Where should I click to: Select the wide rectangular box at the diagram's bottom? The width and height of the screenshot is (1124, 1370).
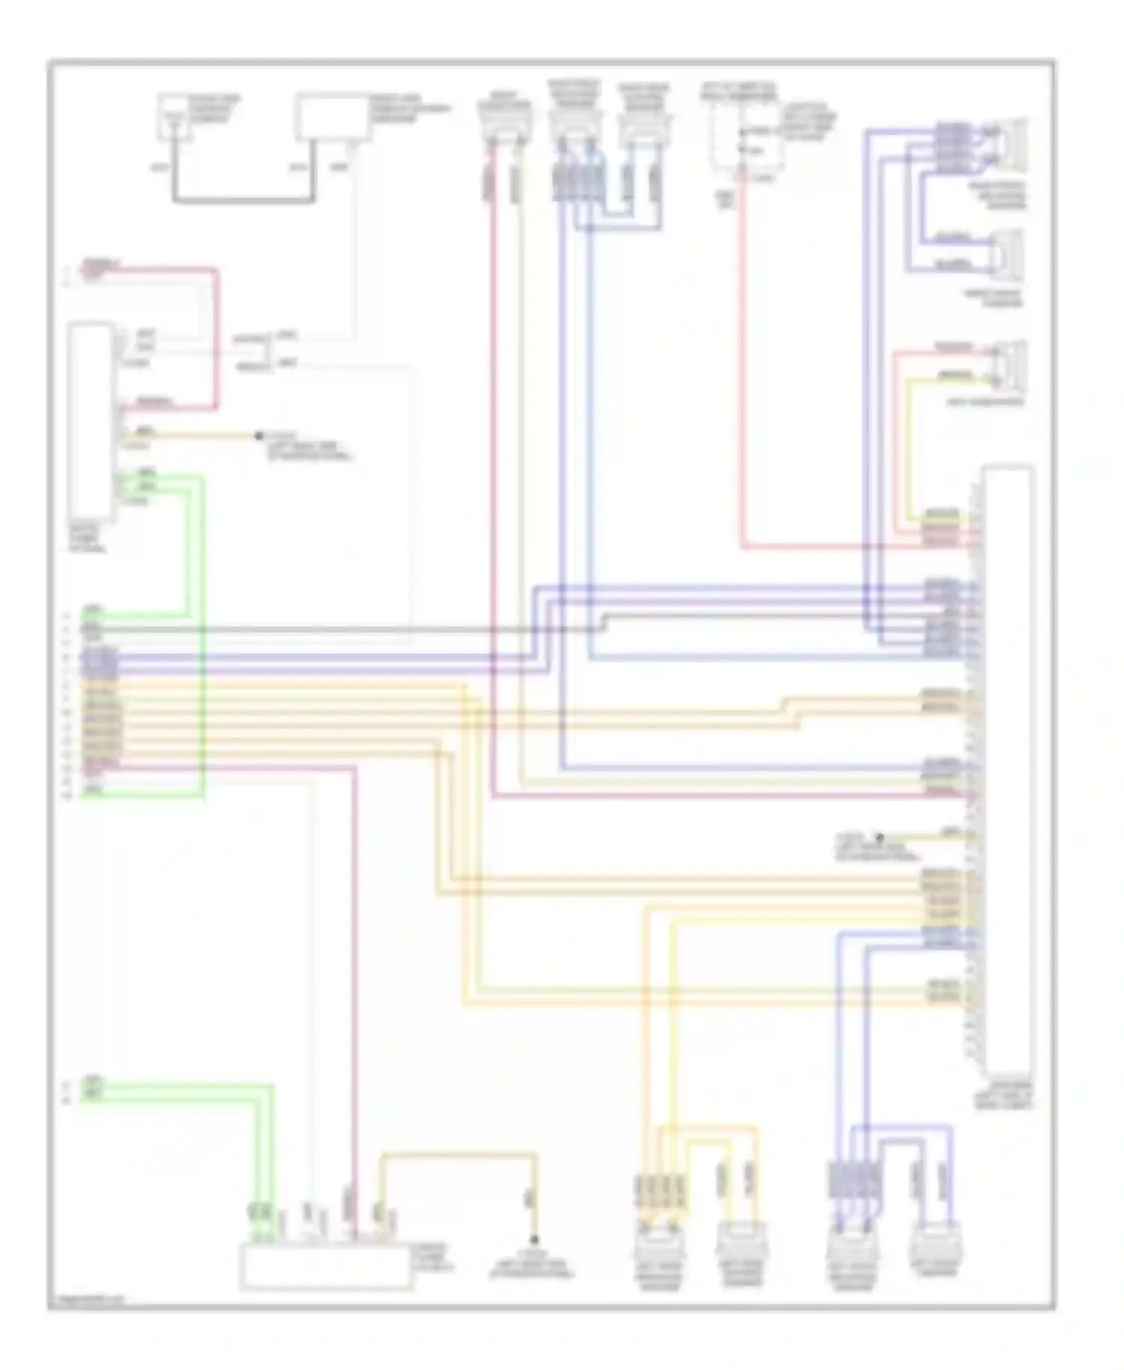[324, 1266]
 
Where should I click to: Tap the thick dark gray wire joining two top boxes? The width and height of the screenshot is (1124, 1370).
[244, 200]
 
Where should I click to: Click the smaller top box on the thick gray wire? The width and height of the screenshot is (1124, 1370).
[172, 117]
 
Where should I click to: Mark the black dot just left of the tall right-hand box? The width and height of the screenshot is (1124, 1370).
[880, 836]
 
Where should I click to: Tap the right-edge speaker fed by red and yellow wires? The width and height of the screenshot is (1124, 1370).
[1012, 365]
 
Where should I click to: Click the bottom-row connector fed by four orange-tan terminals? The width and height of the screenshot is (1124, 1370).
[658, 1248]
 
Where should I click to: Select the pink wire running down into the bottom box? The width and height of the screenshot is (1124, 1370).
[354, 974]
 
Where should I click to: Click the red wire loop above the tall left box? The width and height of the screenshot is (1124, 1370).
[216, 337]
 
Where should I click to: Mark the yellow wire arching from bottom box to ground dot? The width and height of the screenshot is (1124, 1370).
[457, 1156]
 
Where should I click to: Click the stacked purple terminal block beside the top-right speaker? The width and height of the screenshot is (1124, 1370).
[950, 146]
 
